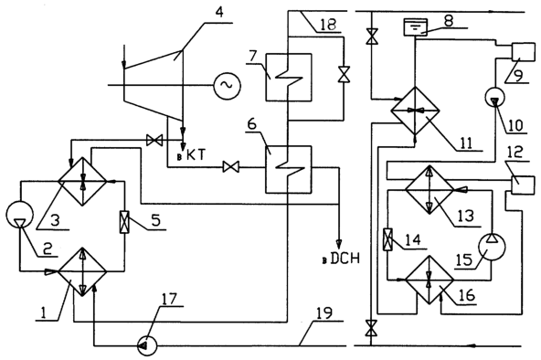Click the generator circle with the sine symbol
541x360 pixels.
point(227,85)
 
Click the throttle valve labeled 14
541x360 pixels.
point(388,239)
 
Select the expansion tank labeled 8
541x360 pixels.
point(416,27)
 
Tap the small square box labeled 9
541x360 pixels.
point(523,52)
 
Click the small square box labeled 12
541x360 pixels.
point(523,185)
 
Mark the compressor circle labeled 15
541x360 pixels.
point(492,247)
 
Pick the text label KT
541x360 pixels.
point(196,155)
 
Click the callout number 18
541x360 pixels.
point(328,25)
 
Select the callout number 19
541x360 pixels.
point(324,312)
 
